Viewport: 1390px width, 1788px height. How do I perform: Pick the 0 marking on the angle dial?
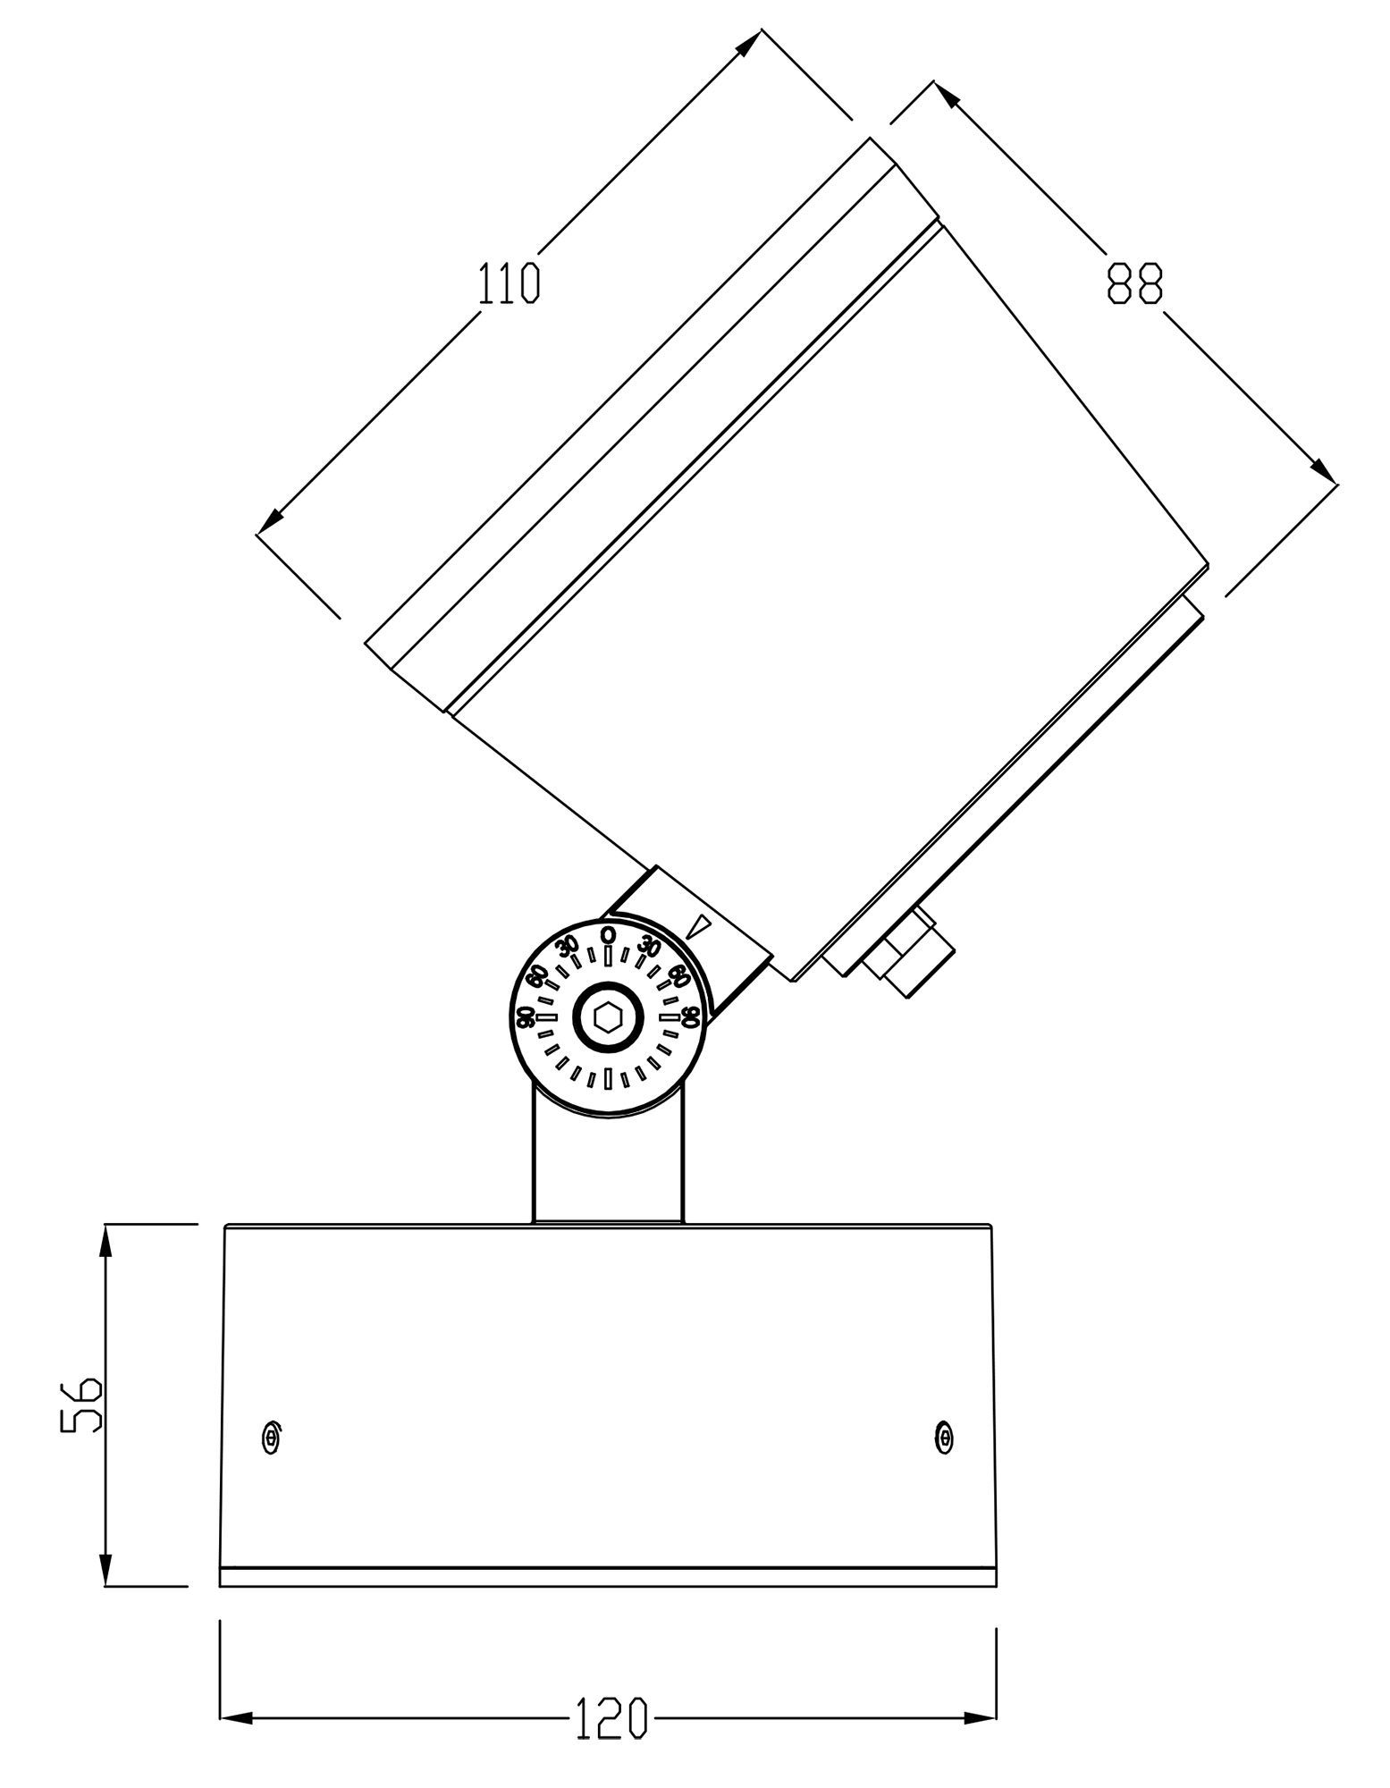[x=608, y=934]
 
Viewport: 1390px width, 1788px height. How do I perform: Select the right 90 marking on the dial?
[x=689, y=1016]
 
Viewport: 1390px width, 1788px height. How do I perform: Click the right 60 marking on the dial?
[x=678, y=975]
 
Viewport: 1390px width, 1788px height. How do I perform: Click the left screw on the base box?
[x=271, y=1436]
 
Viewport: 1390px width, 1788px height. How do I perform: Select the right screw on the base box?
[x=944, y=1436]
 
